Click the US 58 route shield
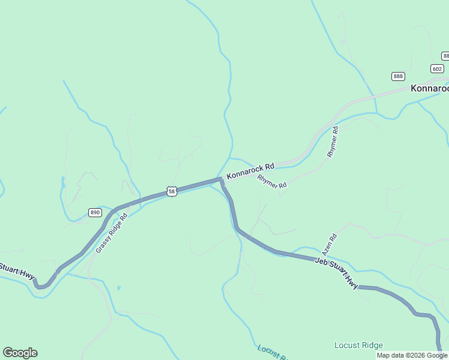[172, 191]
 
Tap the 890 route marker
[95, 212]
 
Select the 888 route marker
[398, 76]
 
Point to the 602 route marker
[437, 69]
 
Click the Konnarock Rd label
[250, 172]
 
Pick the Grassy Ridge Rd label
[112, 233]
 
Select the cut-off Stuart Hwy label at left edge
[17, 270]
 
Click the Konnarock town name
[429, 88]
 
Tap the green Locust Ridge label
[358, 345]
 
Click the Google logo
[20, 353]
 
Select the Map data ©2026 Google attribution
[412, 355]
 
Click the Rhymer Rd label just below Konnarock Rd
[272, 182]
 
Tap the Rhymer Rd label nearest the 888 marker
[333, 142]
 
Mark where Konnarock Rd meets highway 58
[221, 179]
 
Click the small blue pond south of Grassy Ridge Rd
[118, 288]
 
